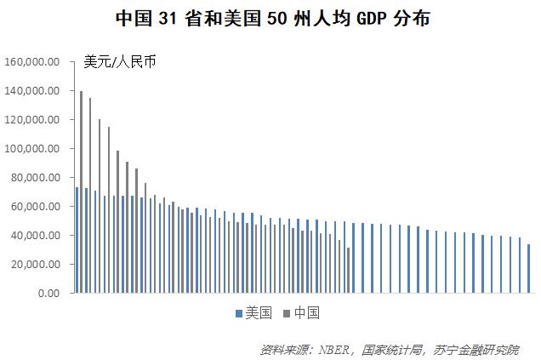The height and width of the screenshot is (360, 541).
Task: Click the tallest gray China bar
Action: pyautogui.click(x=82, y=191)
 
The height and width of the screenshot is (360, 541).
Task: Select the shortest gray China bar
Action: pyautogui.click(x=349, y=271)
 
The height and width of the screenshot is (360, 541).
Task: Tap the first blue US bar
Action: pyautogui.click(x=77, y=240)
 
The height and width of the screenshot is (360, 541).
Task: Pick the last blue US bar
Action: pyautogui.click(x=528, y=269)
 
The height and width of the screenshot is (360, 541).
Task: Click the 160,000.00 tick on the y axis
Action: pyautogui.click(x=31, y=62)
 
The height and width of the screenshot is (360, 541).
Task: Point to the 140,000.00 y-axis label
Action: pyautogui.click(x=31, y=91)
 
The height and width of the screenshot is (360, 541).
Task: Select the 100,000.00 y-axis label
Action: pyautogui.click(x=31, y=148)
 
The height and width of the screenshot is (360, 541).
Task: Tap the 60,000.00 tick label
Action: pyautogui.click(x=35, y=207)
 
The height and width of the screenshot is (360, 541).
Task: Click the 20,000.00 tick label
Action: pyautogui.click(x=35, y=264)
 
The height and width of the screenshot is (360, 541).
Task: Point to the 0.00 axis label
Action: pyautogui.click(x=48, y=294)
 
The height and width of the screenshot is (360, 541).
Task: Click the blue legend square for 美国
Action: pyautogui.click(x=239, y=313)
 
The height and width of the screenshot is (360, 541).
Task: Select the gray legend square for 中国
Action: pyautogui.click(x=287, y=313)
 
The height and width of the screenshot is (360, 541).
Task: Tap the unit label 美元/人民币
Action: pyautogui.click(x=120, y=62)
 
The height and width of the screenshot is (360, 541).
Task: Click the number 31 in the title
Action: pyautogui.click(x=168, y=18)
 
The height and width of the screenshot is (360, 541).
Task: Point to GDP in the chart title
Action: pyautogui.click(x=371, y=18)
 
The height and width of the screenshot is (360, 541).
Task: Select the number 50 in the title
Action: pyautogui.click(x=276, y=18)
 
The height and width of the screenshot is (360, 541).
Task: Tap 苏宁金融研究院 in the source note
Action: pyautogui.click(x=476, y=350)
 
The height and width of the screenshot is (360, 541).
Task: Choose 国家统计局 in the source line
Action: pyautogui.click(x=392, y=350)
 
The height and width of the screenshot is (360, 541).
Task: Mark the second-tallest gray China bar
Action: pyautogui.click(x=90, y=196)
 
